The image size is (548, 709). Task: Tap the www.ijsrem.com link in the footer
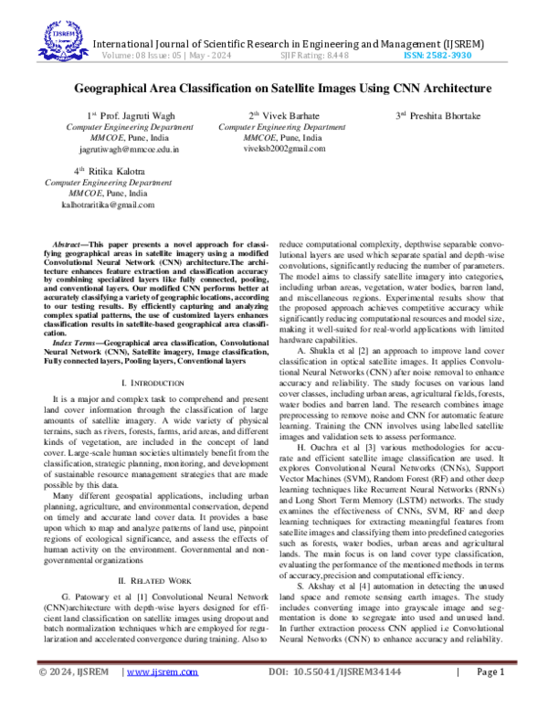[162, 697]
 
